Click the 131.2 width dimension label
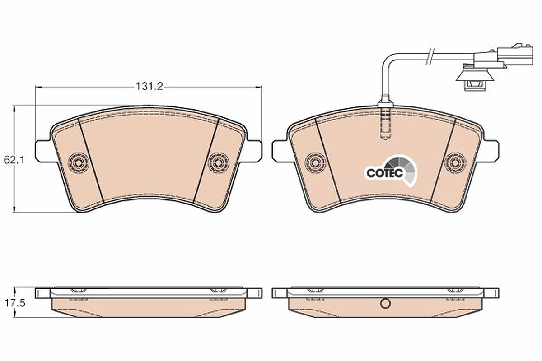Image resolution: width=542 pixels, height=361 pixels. tap(150, 86)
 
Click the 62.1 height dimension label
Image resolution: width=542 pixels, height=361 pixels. tap(14, 160)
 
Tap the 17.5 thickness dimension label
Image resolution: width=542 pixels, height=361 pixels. tap(15, 303)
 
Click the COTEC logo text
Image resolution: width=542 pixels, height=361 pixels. tap(385, 173)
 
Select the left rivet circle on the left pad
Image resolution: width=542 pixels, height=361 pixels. tap(78, 163)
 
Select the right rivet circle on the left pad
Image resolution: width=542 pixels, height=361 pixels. tap(219, 163)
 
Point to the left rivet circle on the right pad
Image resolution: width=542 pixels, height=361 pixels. tap(315, 163)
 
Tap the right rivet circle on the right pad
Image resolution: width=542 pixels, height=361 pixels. tap(456, 163)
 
